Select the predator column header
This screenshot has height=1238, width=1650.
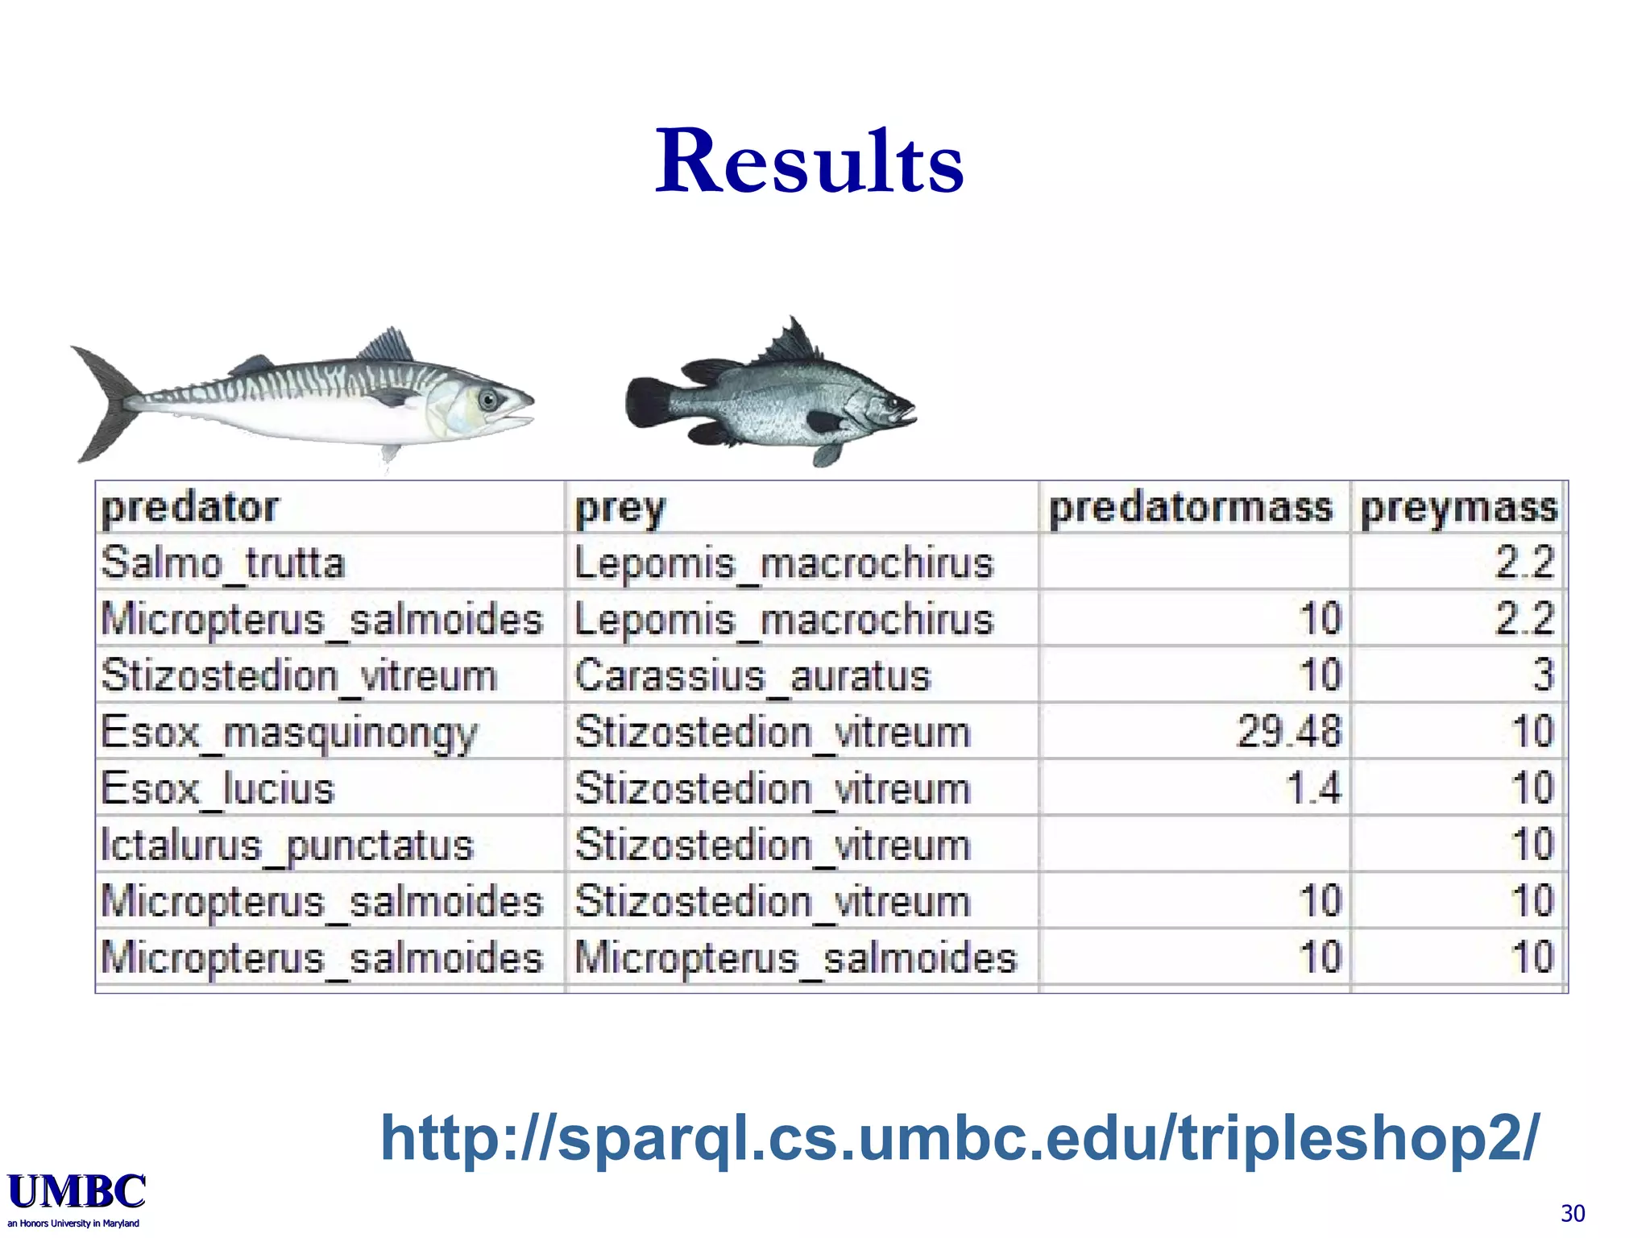pos(190,508)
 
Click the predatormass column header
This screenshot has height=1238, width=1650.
pos(1191,508)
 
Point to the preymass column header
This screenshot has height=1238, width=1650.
pos(1459,508)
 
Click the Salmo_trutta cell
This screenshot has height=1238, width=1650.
pos(223,563)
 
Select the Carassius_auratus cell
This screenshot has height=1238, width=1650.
pos(752,675)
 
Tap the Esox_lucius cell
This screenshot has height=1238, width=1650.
pos(218,788)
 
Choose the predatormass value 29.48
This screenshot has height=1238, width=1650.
pos(1288,732)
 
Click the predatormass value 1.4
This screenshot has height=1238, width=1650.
pos(1313,788)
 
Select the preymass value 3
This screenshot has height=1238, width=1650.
pos(1542,675)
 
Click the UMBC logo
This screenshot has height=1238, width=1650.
pos(77,1193)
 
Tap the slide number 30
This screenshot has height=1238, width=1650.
pos(1573,1213)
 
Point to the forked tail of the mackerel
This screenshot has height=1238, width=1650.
pos(105,403)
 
